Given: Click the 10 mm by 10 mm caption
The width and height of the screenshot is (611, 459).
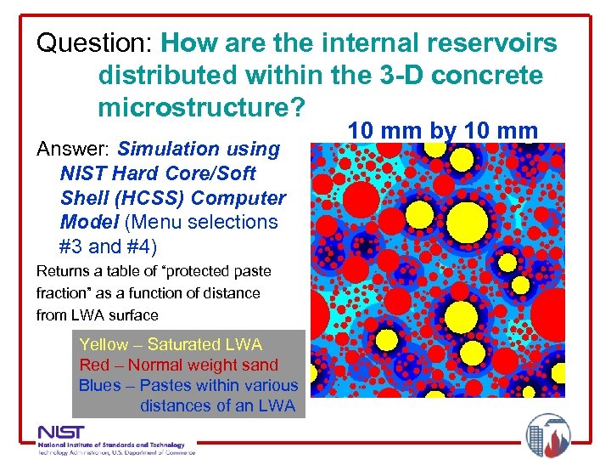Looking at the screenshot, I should (x=444, y=130).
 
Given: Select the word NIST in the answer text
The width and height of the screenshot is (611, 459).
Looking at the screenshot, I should (x=81, y=173).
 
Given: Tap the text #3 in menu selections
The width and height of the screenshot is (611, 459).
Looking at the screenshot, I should (x=74, y=246).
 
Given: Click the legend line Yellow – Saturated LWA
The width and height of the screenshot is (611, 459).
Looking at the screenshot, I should (x=170, y=344).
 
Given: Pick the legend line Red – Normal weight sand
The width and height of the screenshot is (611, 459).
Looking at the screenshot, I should (x=178, y=365).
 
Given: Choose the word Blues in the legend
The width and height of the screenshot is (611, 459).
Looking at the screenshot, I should (x=99, y=385).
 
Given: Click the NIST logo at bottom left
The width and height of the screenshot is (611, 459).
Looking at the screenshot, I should (x=115, y=437).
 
